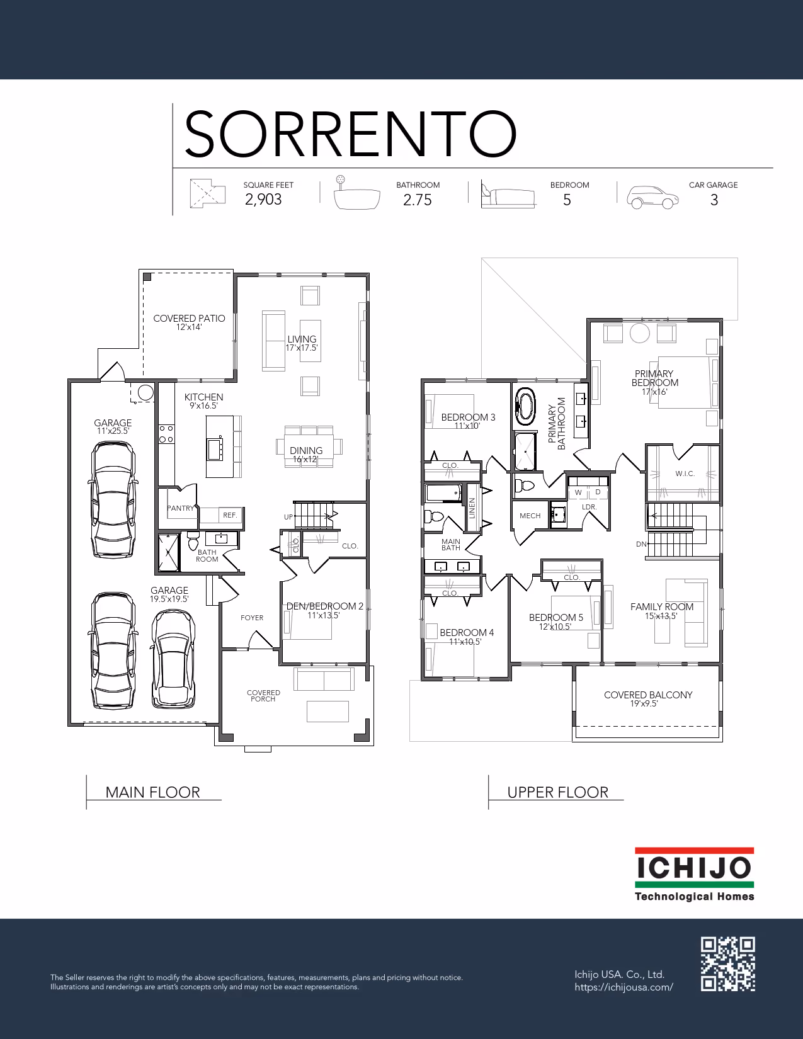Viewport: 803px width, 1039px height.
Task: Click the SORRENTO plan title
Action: tap(350, 133)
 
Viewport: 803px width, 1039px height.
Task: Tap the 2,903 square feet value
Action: tap(263, 200)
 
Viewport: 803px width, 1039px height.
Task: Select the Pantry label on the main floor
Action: tap(180, 508)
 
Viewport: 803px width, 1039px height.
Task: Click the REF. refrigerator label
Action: tap(230, 515)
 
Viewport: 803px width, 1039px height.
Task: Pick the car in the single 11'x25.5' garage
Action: tap(113, 499)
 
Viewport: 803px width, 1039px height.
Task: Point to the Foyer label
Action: tap(252, 618)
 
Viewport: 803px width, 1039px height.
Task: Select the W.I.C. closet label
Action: tap(685, 474)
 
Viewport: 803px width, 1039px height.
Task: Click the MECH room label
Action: tap(530, 516)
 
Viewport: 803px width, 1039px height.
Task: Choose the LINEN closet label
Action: tap(472, 508)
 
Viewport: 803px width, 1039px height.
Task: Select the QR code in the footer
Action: tap(728, 964)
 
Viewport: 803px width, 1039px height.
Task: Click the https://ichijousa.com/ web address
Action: tap(624, 987)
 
